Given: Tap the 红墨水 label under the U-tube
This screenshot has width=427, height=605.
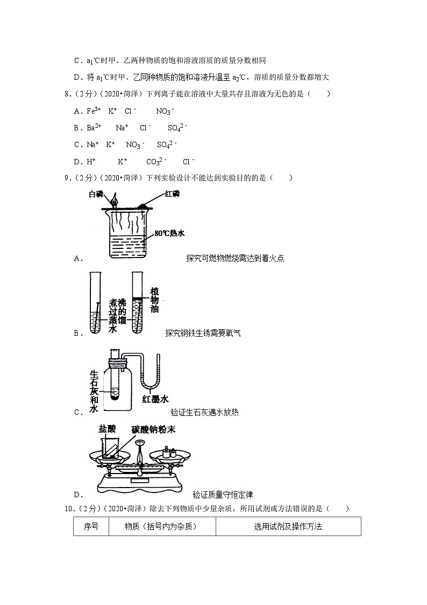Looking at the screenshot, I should tap(155, 399).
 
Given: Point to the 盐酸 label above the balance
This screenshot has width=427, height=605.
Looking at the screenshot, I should tap(106, 429).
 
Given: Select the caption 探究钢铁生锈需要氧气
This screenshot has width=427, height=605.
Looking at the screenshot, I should tap(203, 333).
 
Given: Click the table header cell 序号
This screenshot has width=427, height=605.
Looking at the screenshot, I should tap(91, 526).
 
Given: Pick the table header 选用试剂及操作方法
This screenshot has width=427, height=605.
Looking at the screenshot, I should tap(288, 526).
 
